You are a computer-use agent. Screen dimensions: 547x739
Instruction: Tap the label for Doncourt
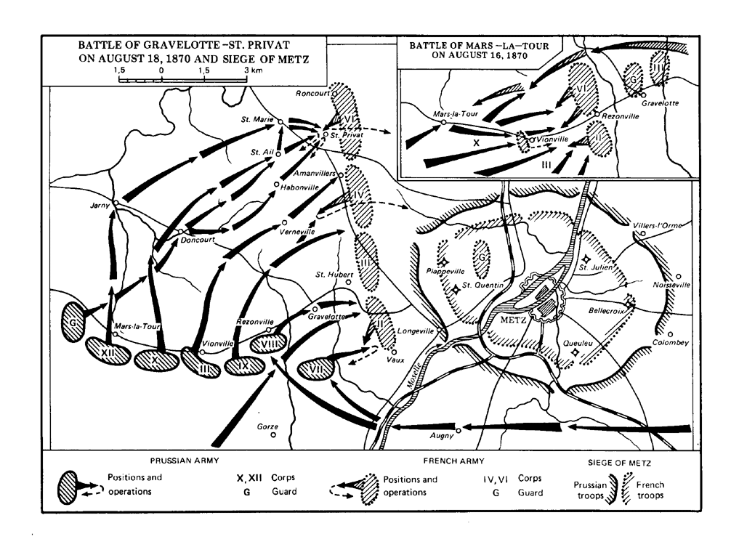[x=197, y=240]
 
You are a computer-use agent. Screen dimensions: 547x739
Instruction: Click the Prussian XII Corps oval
[x=105, y=349]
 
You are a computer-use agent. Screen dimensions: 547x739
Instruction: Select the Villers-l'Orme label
[x=658, y=225]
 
